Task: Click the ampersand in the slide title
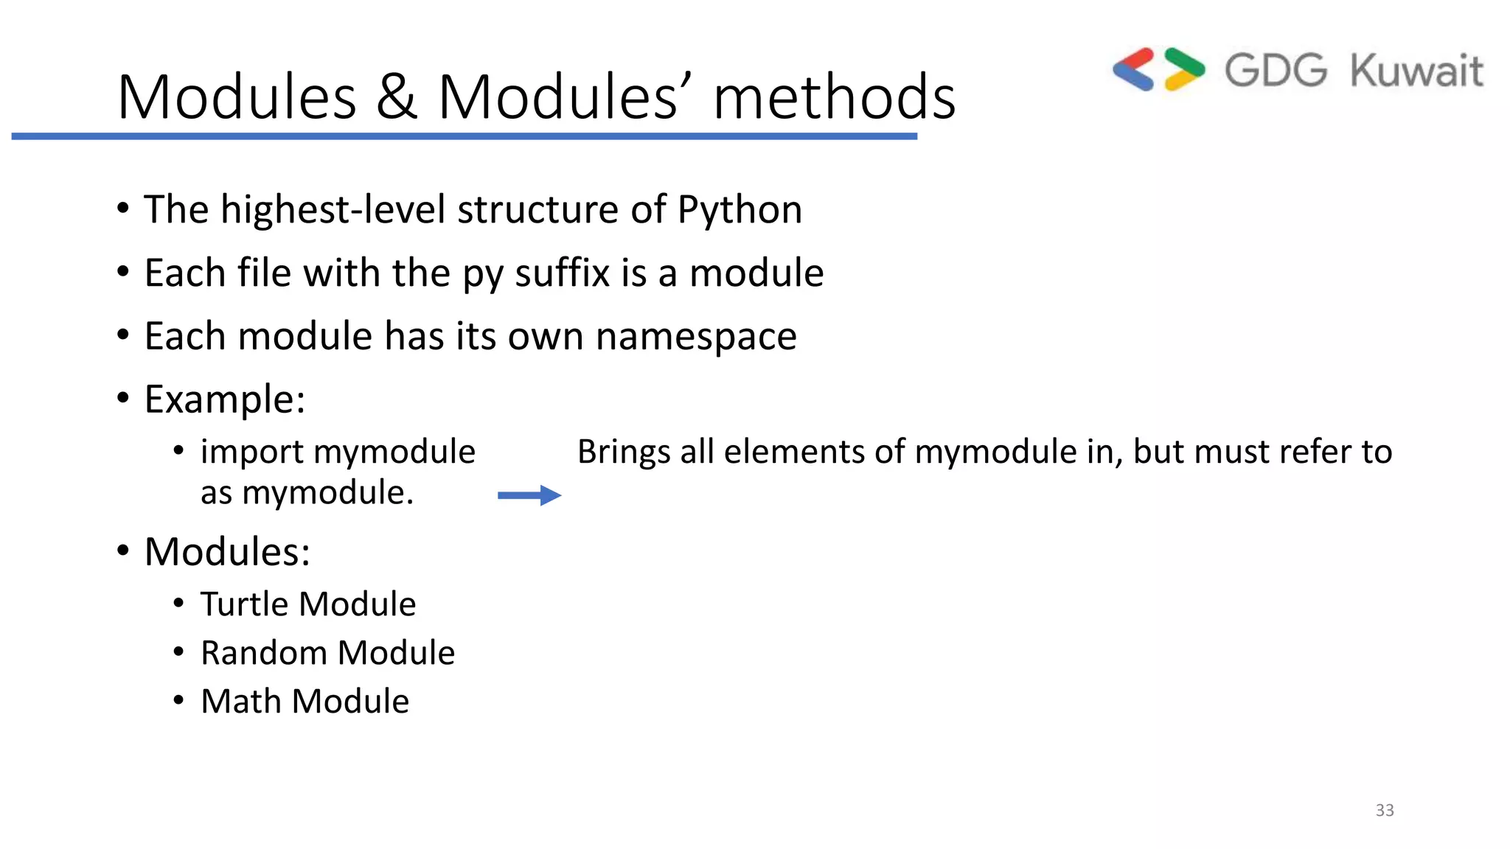397,97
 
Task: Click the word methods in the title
834,97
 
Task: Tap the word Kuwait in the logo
1416,71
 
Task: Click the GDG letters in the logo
1276,71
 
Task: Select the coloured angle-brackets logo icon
1158,69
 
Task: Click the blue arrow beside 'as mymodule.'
529,495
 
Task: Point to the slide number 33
1384,810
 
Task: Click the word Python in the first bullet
740,210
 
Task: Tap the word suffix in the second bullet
563,273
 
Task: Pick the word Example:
225,400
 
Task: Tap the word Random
263,653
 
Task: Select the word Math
241,702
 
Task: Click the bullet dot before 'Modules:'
123,551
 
